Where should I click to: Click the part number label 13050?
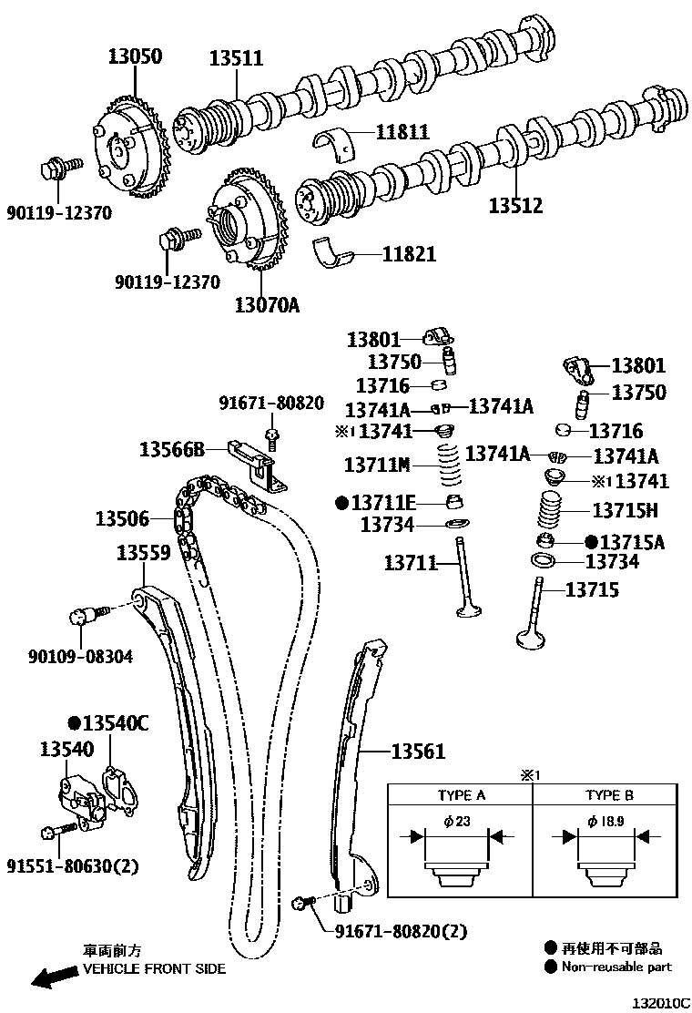129,56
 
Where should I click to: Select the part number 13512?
515,206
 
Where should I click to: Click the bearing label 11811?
400,132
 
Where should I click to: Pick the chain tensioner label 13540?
66,749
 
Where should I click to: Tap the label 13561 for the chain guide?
418,752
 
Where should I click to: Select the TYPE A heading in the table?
461,795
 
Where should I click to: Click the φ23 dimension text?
457,821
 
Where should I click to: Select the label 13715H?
625,510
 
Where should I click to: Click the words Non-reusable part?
616,967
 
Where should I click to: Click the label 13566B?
171,448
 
